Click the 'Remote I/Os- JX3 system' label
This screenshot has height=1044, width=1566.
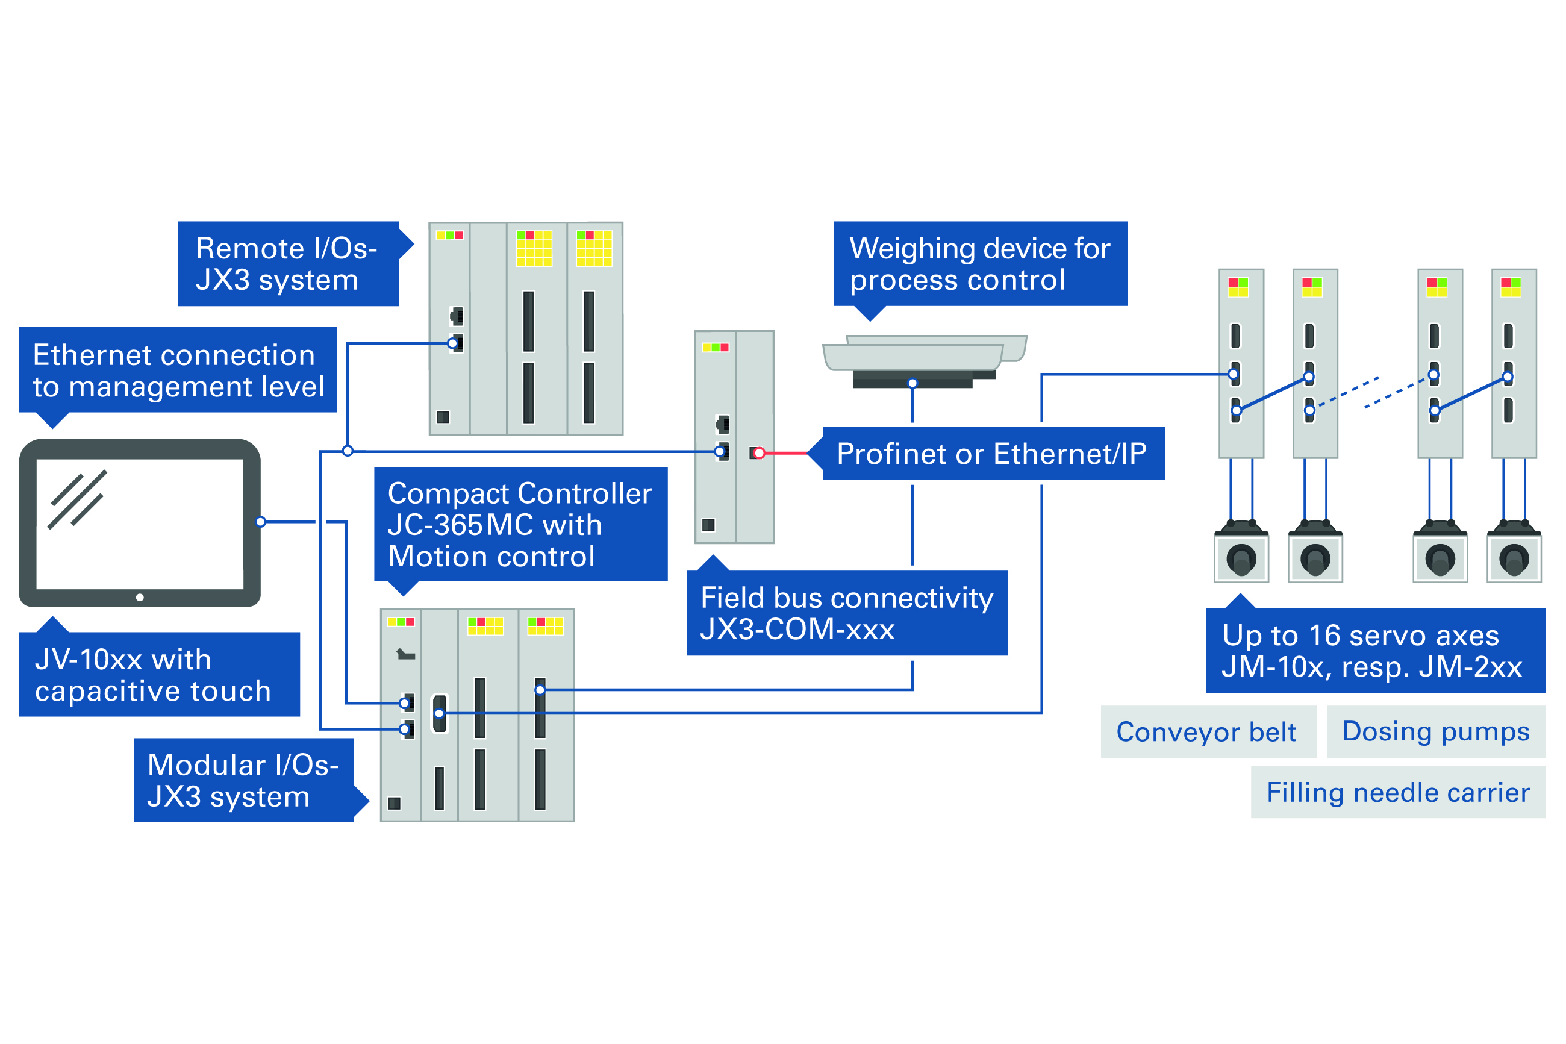pyautogui.click(x=287, y=264)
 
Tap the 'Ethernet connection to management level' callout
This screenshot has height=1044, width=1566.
pyautogui.click(x=178, y=370)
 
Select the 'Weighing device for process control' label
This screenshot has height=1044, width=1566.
pyautogui.click(x=980, y=264)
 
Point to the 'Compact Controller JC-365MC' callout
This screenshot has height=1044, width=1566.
pyautogui.click(x=520, y=524)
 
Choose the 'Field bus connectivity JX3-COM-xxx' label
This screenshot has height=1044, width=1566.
pyautogui.click(x=847, y=613)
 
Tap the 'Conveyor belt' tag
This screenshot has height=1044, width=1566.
pyautogui.click(x=1206, y=732)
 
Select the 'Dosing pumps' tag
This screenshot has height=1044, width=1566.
pyautogui.click(x=1435, y=731)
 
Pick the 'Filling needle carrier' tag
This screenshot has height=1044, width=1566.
pyautogui.click(x=1397, y=792)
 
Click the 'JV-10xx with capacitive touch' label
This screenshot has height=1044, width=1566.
pyautogui.click(x=158, y=675)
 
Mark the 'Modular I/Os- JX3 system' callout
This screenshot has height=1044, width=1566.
pyautogui.click(x=243, y=780)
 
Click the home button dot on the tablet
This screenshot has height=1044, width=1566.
pyautogui.click(x=140, y=597)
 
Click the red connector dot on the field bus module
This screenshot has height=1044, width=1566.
pyautogui.click(x=760, y=454)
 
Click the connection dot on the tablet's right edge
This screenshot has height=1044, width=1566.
pyautogui.click(x=261, y=522)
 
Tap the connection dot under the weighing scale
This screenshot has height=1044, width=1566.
pyautogui.click(x=912, y=384)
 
